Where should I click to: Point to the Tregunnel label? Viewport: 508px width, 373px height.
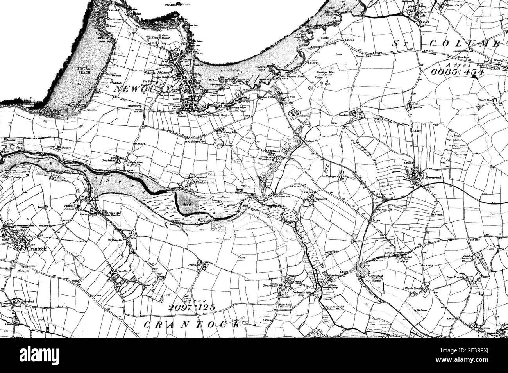(194, 177)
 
